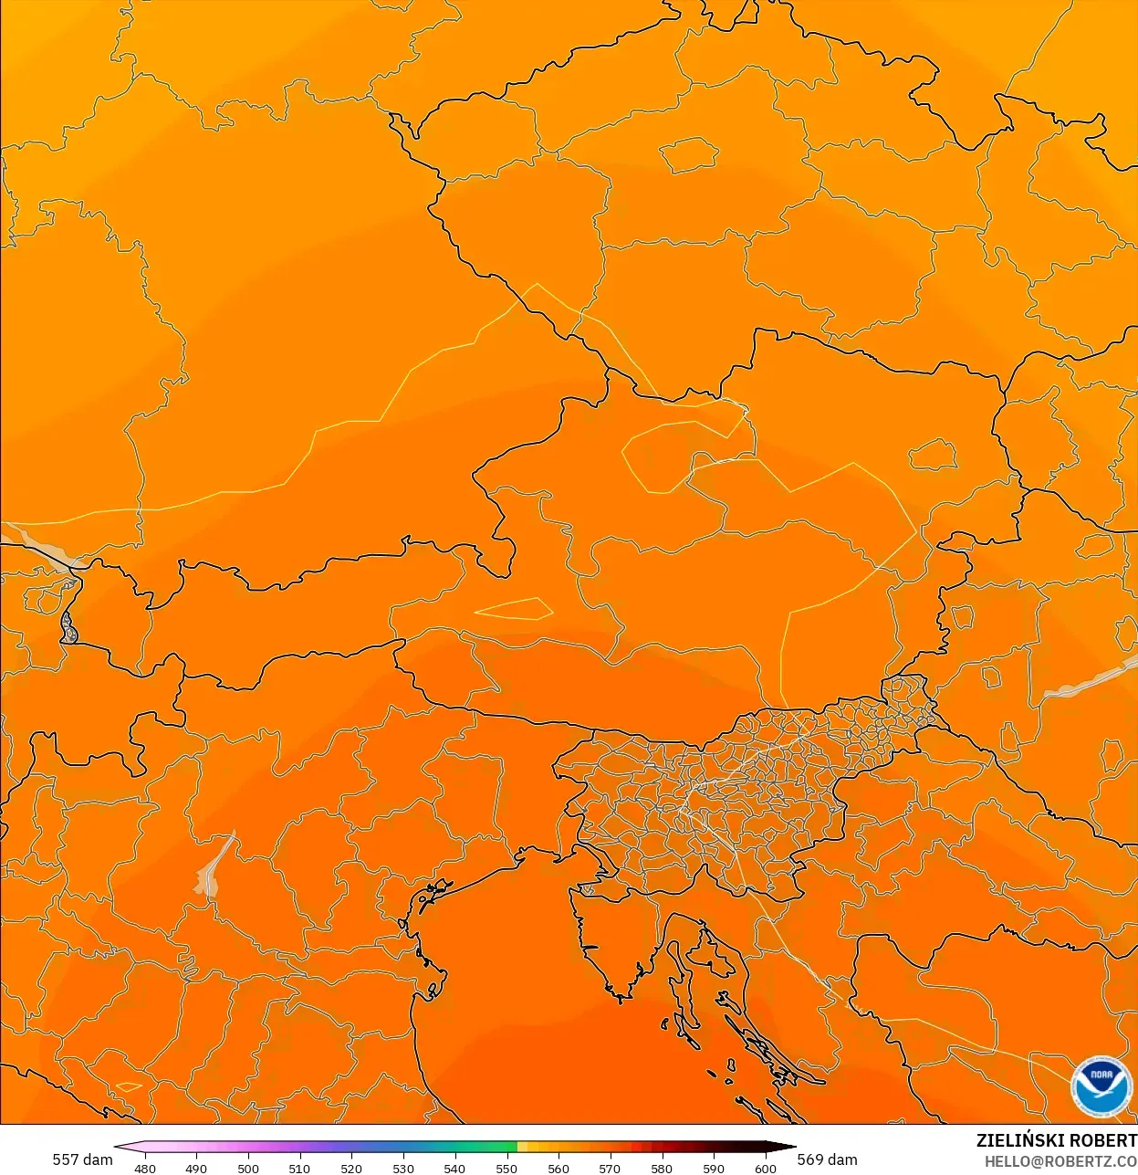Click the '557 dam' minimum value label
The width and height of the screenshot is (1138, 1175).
click(82, 1159)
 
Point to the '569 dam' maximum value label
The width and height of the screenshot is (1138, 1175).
click(827, 1159)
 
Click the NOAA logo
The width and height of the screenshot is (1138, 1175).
click(1101, 1086)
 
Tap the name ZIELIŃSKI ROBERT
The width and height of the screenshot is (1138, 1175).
click(1056, 1140)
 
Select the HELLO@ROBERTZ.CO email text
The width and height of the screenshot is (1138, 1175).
click(1060, 1162)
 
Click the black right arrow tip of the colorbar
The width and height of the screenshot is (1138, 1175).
click(789, 1147)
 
